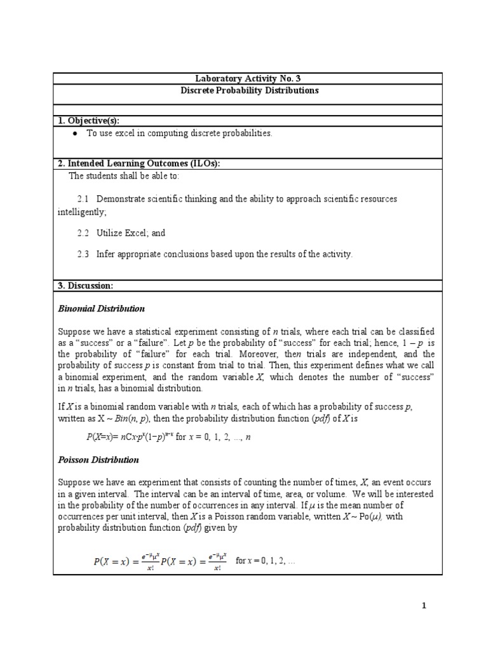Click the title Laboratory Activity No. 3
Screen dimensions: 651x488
[247, 79]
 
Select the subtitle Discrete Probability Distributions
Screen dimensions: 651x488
[247, 90]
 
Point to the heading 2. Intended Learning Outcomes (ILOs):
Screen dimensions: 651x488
[139, 163]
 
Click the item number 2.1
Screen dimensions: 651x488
[83, 199]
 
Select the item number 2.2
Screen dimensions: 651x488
[83, 233]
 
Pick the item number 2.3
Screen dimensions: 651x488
[83, 254]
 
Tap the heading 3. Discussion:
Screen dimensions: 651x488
[85, 286]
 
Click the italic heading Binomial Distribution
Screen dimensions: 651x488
[101, 308]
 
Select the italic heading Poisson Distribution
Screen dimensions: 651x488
[98, 459]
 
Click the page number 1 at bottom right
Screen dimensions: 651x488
[424, 606]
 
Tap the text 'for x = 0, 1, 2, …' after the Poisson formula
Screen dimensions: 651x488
[265, 561]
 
